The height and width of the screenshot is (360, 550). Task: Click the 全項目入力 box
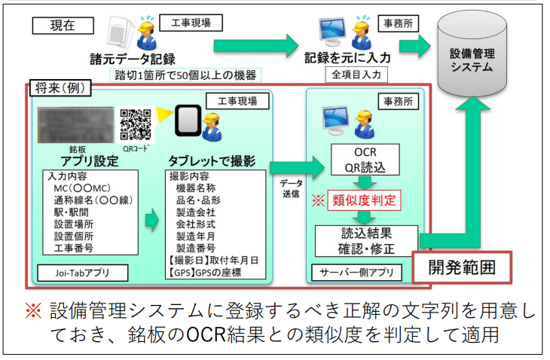356,75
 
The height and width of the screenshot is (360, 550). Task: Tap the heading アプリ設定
80,161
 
